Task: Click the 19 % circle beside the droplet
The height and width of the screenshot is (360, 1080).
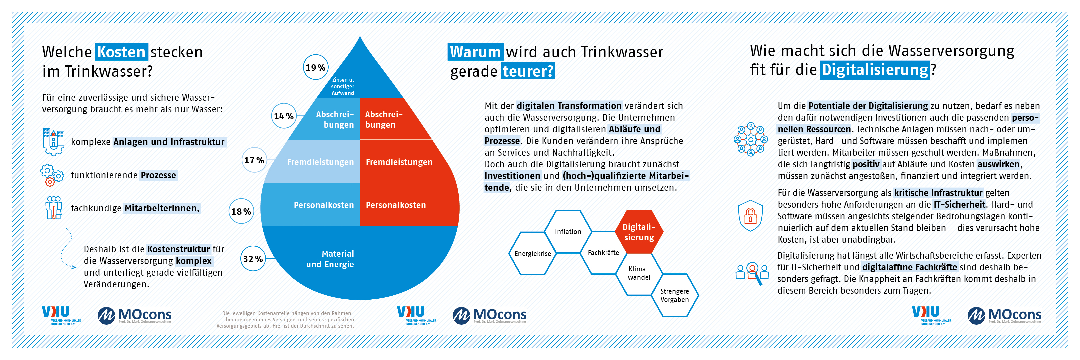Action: click(315, 67)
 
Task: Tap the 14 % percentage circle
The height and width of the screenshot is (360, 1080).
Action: click(284, 116)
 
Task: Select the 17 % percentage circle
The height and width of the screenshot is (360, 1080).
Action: click(254, 160)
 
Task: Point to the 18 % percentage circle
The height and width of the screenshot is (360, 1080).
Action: click(241, 211)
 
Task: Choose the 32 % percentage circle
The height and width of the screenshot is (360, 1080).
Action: click(253, 259)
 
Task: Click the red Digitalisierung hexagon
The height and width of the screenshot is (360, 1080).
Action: click(639, 232)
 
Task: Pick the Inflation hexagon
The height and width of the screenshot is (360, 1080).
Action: click(568, 231)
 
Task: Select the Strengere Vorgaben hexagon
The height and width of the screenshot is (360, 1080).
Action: click(675, 295)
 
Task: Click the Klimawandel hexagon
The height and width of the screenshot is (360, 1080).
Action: click(639, 273)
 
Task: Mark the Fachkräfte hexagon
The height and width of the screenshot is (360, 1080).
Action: click(603, 252)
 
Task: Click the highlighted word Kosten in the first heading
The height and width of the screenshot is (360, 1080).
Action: click(121, 52)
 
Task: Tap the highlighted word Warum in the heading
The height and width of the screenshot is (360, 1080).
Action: click(475, 52)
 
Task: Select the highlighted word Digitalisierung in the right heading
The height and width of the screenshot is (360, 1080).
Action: click(875, 70)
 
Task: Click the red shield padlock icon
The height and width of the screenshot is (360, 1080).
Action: click(750, 215)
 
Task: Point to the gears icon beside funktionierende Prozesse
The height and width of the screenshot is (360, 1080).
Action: click(52, 175)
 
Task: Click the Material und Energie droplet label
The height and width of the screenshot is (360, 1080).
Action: click(330, 259)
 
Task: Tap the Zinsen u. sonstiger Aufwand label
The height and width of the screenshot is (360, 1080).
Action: click(343, 86)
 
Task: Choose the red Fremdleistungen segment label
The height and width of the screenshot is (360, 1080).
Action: click(399, 162)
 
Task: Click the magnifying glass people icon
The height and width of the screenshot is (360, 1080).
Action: click(752, 273)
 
